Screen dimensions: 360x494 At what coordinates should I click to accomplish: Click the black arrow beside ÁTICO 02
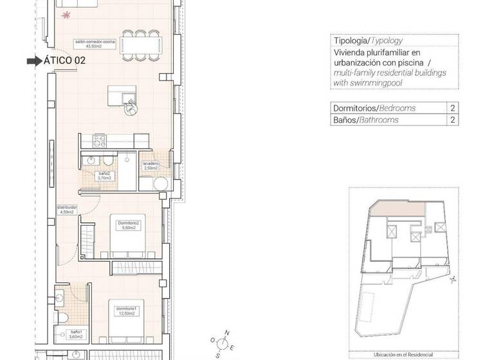tap(33, 61)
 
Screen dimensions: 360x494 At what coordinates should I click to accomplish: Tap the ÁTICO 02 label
tap(64, 61)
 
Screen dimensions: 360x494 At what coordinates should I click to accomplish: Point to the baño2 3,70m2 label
tap(104, 176)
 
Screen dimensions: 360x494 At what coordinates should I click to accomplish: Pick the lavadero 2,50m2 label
tap(152, 166)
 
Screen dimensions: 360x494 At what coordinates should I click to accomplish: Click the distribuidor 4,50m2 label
tap(67, 210)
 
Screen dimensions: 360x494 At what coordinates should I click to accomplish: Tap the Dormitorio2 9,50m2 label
tap(129, 225)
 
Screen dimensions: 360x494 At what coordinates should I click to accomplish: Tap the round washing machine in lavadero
tap(161, 184)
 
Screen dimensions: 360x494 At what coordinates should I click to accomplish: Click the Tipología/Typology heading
tap(368, 40)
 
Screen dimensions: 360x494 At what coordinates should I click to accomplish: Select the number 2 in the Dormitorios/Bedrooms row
tap(453, 108)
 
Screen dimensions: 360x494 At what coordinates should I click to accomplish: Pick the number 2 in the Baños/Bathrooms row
tap(453, 120)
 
